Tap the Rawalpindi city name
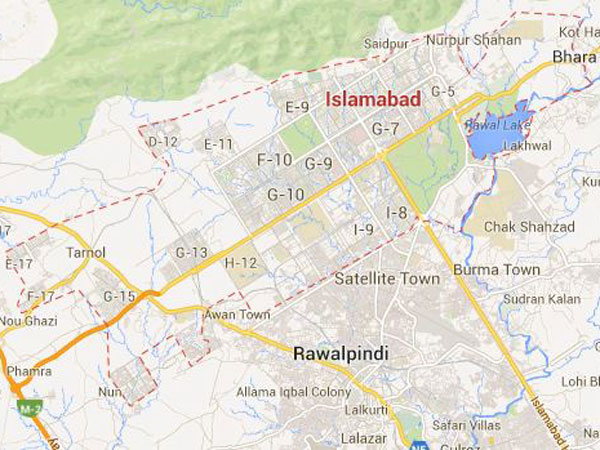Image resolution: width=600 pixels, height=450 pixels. pyautogui.click(x=340, y=354)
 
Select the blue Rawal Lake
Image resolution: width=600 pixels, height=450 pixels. pyautogui.click(x=496, y=133)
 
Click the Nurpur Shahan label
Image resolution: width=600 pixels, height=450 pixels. pyautogui.click(x=473, y=40)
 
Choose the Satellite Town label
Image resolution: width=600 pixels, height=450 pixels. pyautogui.click(x=386, y=278)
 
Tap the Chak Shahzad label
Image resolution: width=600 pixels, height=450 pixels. pyautogui.click(x=529, y=227)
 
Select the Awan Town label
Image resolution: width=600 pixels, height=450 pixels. pyautogui.click(x=238, y=314)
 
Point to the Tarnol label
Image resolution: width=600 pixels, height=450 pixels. pyautogui.click(x=85, y=253)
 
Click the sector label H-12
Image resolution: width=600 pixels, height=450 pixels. pyautogui.click(x=244, y=262)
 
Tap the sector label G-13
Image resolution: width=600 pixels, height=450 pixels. pyautogui.click(x=192, y=251)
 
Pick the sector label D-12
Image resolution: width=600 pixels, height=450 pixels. pyautogui.click(x=163, y=142)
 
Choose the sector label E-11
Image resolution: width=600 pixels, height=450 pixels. pyautogui.click(x=218, y=144)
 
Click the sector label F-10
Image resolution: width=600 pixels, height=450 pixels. pyautogui.click(x=274, y=160)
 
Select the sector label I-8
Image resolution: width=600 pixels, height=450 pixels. pyautogui.click(x=396, y=212)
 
